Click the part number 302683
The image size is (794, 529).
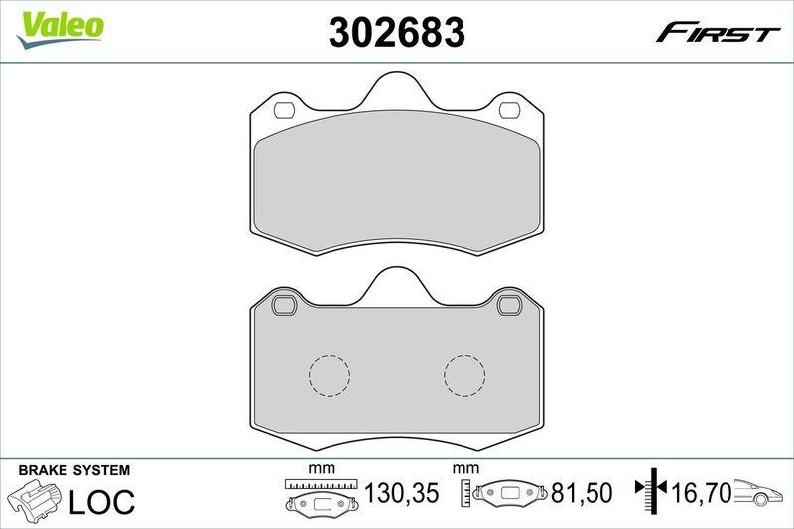point(396,33)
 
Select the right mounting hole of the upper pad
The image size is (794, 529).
point(512,109)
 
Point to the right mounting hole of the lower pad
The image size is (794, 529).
point(512,304)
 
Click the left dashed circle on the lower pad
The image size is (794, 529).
point(330,375)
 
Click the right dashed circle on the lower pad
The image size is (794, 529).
point(464,375)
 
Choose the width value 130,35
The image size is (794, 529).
point(403,492)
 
